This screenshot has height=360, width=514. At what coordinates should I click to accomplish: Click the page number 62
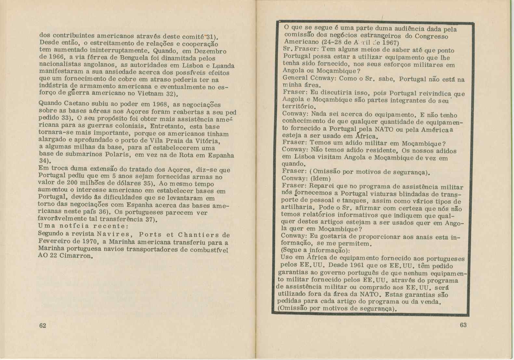click(x=43, y=326)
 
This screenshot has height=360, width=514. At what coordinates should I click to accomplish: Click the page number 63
click(x=463, y=325)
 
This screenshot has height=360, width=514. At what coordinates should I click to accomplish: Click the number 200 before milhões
click(x=72, y=182)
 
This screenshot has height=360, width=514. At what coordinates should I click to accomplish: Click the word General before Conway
click(x=295, y=78)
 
